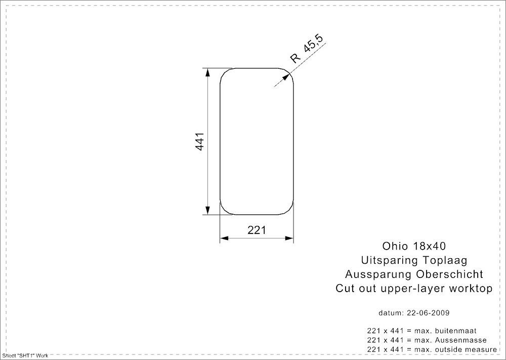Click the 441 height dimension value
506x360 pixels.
click(200, 141)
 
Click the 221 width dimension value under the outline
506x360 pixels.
click(257, 230)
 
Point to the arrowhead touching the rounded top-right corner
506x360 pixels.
click(285, 77)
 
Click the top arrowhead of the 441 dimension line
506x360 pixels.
click(207, 72)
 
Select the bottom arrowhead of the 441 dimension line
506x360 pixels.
click(207, 210)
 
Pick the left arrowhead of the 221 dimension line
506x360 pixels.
click(224, 238)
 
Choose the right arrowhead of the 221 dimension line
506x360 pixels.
click(289, 238)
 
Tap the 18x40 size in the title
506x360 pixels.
click(429, 246)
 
